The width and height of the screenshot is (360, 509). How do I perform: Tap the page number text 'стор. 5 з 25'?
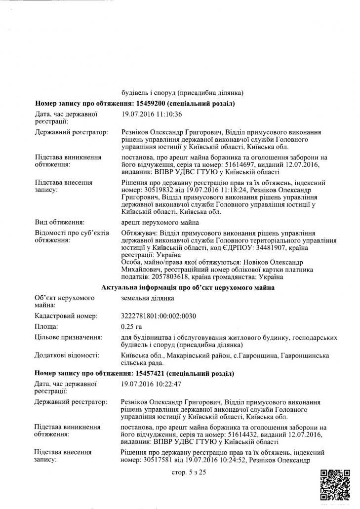pyautogui.click(x=188, y=472)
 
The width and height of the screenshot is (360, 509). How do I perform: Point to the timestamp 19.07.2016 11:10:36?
pyautogui.click(x=152, y=115)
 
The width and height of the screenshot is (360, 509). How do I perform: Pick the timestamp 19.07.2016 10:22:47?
pyautogui.click(x=152, y=384)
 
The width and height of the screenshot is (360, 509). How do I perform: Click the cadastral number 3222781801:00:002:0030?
pyautogui.click(x=161, y=315)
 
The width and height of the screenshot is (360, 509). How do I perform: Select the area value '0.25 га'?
pyautogui.click(x=131, y=326)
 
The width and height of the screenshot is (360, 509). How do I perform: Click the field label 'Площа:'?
pyautogui.click(x=46, y=326)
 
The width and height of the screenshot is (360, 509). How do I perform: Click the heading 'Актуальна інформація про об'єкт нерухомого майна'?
pyautogui.click(x=188, y=287)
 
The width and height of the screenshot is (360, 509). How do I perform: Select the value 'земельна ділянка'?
pyautogui.click(x=147, y=298)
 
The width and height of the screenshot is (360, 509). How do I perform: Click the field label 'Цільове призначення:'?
pyautogui.click(x=69, y=337)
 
